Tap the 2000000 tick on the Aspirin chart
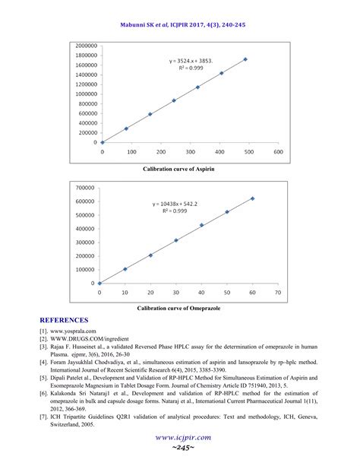(x=85, y=46)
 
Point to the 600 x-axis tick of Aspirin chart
(x=278, y=151)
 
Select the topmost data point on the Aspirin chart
(x=245, y=59)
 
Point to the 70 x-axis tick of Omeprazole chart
(x=278, y=293)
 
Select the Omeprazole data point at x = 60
(x=252, y=198)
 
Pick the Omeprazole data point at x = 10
(x=125, y=269)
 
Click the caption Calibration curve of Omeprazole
(x=179, y=309)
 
